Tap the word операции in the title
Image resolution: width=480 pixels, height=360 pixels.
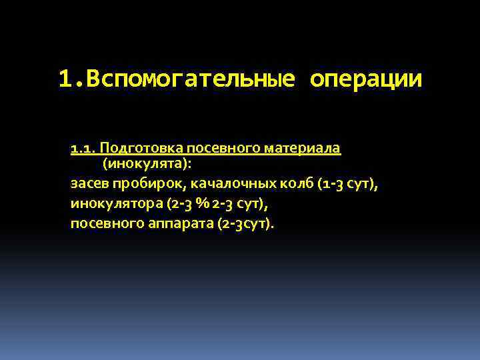point(366,79)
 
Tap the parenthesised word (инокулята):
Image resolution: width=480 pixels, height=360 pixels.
point(147,163)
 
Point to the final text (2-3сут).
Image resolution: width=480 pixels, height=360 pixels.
point(245,223)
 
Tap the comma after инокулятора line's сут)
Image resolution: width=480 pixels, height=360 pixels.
point(274,205)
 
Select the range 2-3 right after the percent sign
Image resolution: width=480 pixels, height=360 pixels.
point(221,203)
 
